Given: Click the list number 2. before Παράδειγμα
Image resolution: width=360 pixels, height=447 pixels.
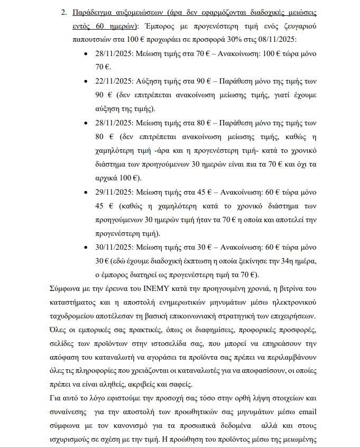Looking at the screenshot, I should [64, 12].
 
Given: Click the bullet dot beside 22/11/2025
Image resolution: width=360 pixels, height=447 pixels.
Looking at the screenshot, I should [86, 81].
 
